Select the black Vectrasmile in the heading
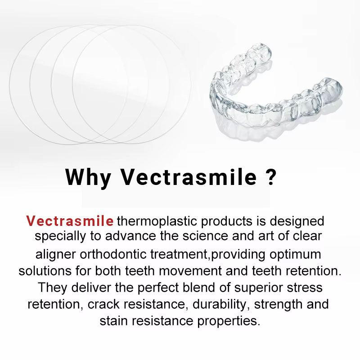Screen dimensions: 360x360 188,177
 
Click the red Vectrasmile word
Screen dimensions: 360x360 69,221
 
